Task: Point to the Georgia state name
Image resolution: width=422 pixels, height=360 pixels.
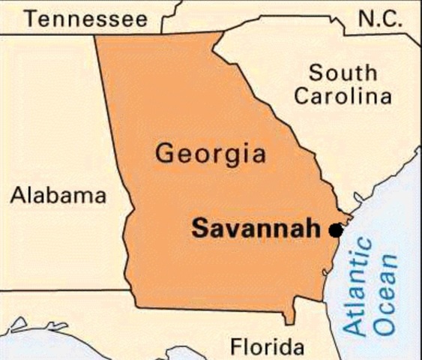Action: [x=210, y=154]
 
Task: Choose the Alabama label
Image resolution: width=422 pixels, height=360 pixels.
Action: [x=58, y=196]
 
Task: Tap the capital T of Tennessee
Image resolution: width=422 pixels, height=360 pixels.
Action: [x=28, y=18]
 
